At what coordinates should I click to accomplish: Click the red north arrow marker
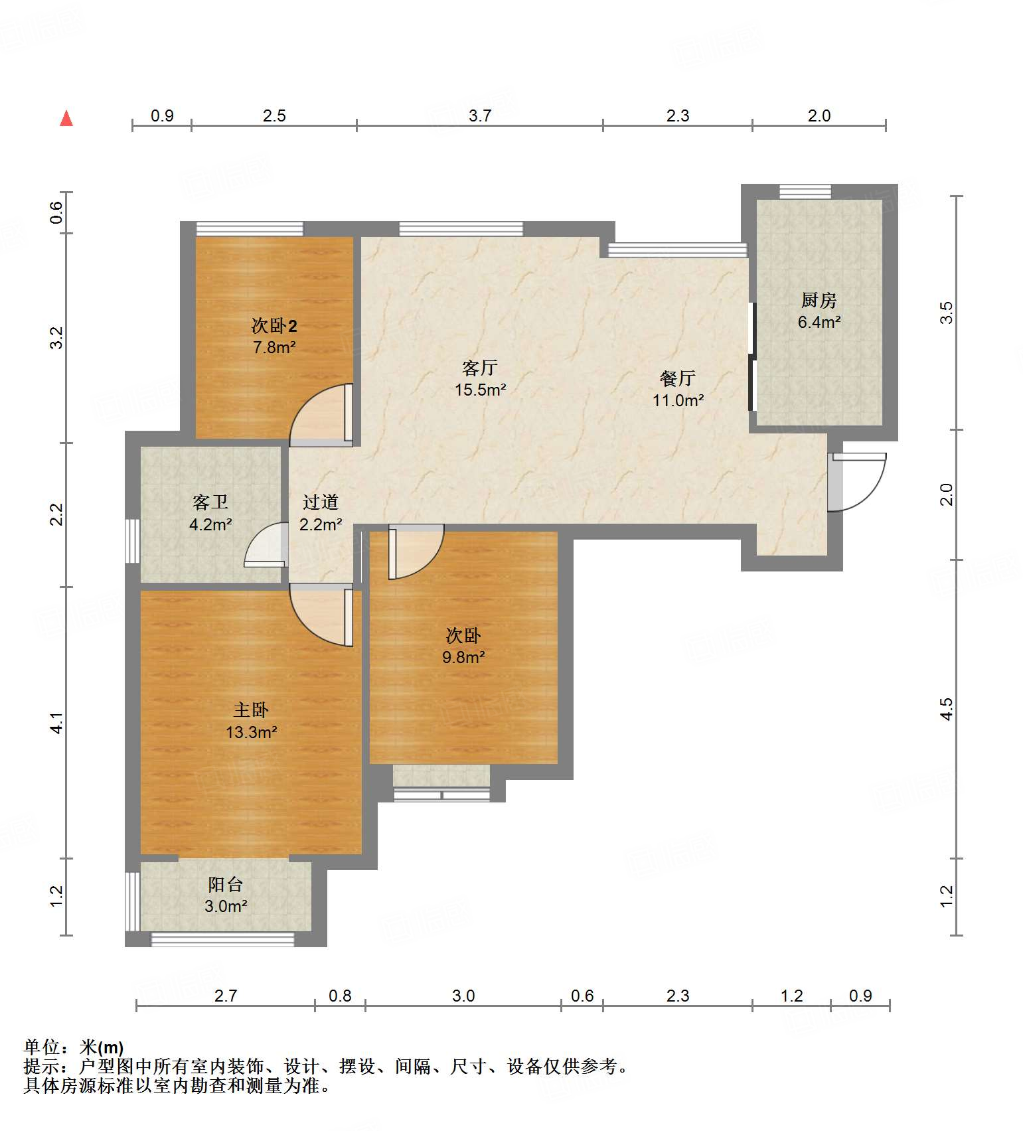[x=66, y=118]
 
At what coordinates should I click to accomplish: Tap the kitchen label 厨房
[x=819, y=301]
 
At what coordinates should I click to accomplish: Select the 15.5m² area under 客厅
[x=480, y=390]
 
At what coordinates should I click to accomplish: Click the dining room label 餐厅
[x=678, y=378]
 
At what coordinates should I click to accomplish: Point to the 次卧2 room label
[x=274, y=326]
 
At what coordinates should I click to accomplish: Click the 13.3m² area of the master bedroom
[x=251, y=732]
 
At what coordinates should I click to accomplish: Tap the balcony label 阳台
[x=226, y=884]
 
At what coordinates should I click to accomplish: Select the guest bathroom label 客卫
[x=210, y=502]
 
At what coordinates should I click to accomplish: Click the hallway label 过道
[x=321, y=502]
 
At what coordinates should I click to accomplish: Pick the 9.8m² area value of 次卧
[x=463, y=657]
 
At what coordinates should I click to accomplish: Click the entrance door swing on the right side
[x=858, y=481]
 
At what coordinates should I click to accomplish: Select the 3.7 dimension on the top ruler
[x=479, y=115]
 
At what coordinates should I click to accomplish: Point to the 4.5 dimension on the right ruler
[x=947, y=708]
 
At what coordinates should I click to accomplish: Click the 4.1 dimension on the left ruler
[x=57, y=723]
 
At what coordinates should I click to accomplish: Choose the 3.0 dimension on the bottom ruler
[x=463, y=996]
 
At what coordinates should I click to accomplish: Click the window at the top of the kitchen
[x=805, y=192]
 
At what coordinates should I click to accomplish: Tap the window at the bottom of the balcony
[x=222, y=939]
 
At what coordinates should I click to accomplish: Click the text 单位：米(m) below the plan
[x=74, y=1047]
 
